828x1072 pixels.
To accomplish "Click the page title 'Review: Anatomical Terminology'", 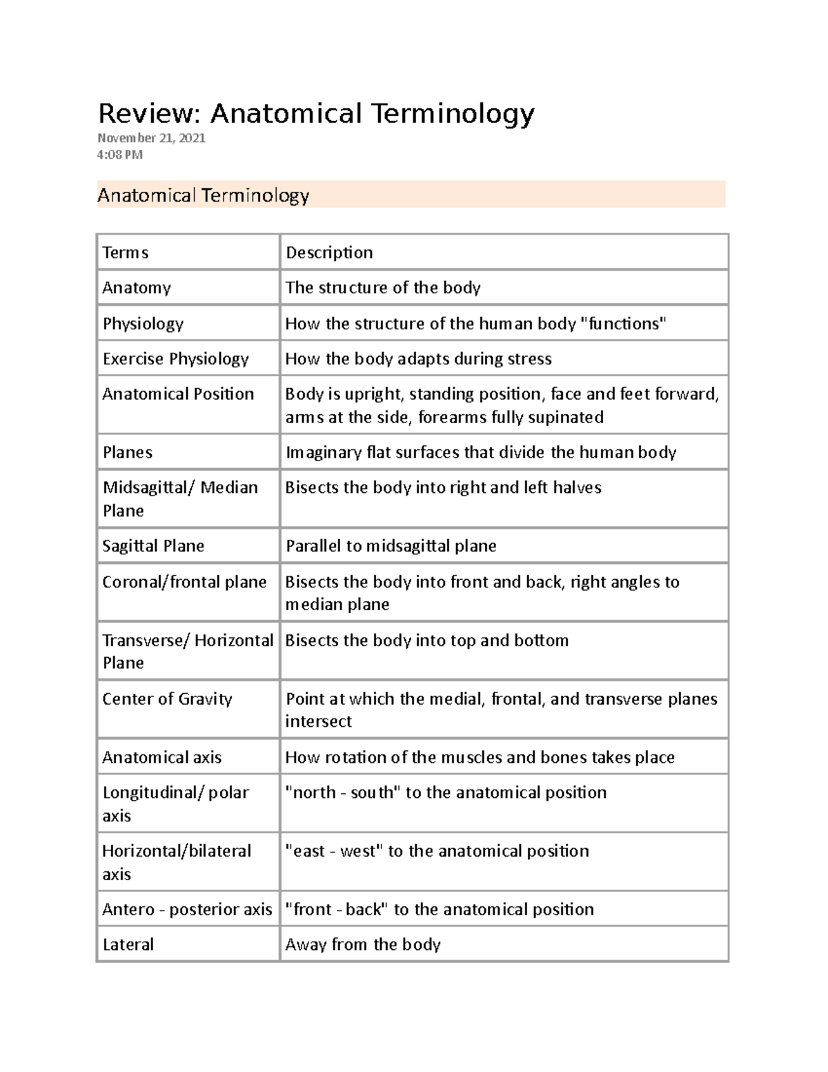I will point(316,113).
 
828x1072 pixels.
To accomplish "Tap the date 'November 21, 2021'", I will point(151,138).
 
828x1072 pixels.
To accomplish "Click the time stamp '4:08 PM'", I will point(120,155).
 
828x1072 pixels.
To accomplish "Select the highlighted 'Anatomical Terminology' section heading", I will point(203,195).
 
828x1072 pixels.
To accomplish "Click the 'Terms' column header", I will point(126,253).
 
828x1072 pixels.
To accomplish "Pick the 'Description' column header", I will point(329,253).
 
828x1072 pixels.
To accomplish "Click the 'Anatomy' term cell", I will point(137,288).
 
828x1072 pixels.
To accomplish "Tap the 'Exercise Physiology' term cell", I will point(175,359).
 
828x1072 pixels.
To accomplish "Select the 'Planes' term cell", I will point(128,452).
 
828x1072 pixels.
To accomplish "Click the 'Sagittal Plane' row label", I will point(153,546).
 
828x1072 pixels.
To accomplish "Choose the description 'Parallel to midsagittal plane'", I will point(391,546).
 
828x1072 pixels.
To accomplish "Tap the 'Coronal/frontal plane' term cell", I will point(184,582).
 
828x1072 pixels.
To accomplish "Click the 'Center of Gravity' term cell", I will point(167,699).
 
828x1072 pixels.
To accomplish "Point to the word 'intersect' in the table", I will point(318,721).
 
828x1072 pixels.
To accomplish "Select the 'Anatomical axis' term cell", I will point(162,757).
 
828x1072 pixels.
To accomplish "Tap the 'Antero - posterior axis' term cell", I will point(187,909).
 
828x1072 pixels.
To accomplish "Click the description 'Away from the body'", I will point(363,944).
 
